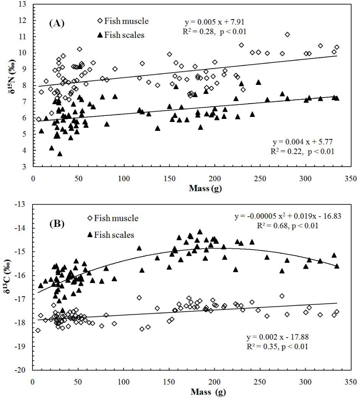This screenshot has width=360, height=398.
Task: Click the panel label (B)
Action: tap(57, 222)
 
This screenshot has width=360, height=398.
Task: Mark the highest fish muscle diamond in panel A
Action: tap(287, 35)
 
